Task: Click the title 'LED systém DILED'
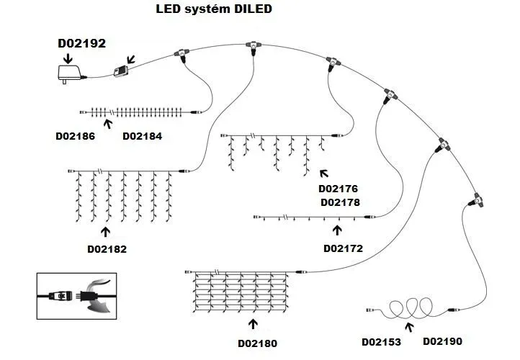point(214,11)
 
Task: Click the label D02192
point(81,44)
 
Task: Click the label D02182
point(107,249)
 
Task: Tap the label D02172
point(343,248)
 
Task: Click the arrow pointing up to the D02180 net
point(251,325)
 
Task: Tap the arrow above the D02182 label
point(107,232)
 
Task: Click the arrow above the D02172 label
point(336,230)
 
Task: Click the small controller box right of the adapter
point(120,71)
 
